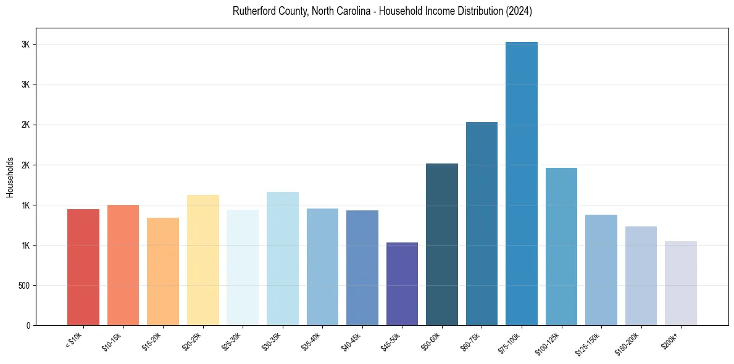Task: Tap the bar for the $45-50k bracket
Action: coord(402,284)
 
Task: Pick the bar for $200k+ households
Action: coord(681,283)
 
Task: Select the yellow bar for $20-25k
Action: coord(203,260)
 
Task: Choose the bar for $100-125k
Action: coord(561,246)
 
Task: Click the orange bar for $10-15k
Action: coord(123,265)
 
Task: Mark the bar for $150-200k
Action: coord(641,276)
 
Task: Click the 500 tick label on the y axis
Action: coord(24,286)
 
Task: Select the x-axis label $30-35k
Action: coord(272,342)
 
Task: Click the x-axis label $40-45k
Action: coord(352,342)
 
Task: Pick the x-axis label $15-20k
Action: coord(152,342)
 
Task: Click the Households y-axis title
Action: coord(10,177)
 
